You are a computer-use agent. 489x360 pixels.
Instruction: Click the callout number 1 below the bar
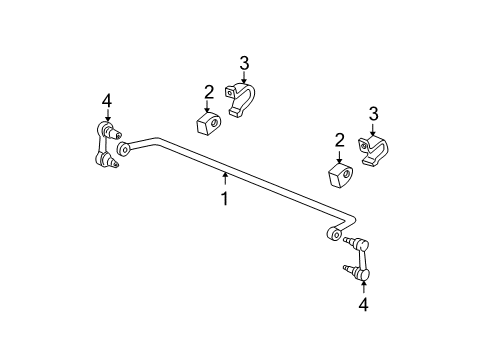(225, 198)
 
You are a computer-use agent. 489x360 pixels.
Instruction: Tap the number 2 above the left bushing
(209, 92)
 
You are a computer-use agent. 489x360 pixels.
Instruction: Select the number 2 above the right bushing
(339, 140)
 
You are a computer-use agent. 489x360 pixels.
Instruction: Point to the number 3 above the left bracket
(244, 63)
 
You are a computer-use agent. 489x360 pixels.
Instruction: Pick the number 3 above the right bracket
(374, 114)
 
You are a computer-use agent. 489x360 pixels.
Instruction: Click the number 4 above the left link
(107, 101)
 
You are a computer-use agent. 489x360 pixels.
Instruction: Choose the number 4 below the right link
(363, 305)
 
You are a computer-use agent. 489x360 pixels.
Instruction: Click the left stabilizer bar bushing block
(208, 124)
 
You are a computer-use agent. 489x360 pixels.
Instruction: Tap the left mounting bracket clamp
(241, 100)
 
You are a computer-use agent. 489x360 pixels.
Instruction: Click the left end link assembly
(106, 145)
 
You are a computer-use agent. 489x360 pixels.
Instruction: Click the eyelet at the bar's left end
(124, 148)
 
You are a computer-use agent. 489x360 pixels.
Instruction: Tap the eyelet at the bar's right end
(334, 233)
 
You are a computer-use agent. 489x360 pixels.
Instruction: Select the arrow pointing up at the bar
(226, 178)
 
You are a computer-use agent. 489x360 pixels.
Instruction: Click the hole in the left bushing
(214, 122)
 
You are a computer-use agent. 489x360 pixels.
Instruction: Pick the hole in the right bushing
(346, 174)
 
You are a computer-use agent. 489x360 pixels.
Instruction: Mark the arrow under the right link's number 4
(363, 288)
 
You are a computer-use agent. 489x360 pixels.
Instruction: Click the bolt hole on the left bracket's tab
(230, 93)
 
